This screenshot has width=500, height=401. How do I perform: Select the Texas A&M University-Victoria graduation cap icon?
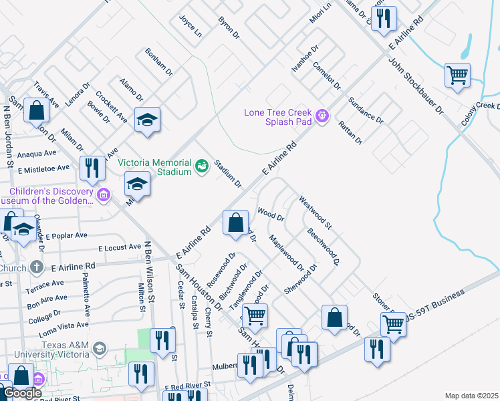[100, 348]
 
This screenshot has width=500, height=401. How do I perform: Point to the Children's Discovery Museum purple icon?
[103, 195]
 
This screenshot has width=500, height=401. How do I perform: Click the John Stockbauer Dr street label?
[415, 87]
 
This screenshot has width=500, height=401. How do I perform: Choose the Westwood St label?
[316, 210]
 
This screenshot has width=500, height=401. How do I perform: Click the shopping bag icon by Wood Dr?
[235, 223]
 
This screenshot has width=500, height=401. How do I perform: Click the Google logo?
[21, 393]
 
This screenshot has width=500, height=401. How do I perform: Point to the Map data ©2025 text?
[471, 396]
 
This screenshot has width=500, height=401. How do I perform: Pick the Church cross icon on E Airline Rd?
[37, 267]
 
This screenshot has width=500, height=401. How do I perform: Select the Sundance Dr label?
[366, 110]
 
